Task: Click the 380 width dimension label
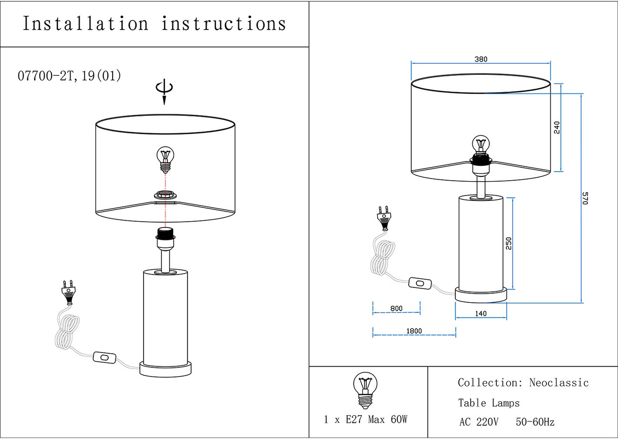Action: coord(481,60)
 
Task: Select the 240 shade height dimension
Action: coord(557,127)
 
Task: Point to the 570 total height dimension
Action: coord(586,198)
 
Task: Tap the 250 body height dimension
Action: coord(509,244)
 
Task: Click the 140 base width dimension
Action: coord(481,314)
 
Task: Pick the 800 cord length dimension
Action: coord(396,308)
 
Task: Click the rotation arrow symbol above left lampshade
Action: coord(165,91)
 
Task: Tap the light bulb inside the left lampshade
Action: coord(165,159)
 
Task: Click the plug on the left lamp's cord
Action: coord(68,292)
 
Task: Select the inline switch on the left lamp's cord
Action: coord(104,357)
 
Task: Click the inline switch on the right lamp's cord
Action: coord(420,284)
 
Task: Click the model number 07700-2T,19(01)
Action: coord(69,75)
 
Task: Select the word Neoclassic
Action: coord(559,383)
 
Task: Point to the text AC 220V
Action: coord(479,422)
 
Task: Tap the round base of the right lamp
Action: coord(481,295)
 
